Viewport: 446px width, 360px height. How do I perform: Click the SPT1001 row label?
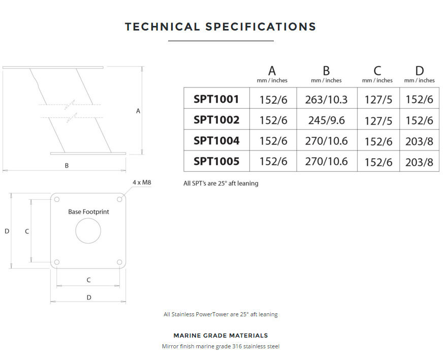click(216, 99)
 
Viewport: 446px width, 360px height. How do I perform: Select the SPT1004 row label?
click(216, 141)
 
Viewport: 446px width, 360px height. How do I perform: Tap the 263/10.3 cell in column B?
click(327, 99)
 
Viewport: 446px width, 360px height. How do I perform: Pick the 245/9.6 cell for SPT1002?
click(327, 120)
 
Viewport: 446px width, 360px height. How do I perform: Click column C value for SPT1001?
click(378, 100)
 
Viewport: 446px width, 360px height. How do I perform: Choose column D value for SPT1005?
click(419, 162)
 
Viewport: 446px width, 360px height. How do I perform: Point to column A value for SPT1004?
click(273, 141)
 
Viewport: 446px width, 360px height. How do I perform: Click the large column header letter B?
click(326, 71)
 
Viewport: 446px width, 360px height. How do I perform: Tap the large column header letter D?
click(420, 71)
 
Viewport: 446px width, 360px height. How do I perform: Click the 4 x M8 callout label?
click(142, 182)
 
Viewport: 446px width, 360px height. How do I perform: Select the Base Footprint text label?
click(88, 212)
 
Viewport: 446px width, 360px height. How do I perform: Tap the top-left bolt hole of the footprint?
click(57, 199)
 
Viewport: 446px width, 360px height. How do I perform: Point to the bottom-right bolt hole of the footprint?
click(119, 262)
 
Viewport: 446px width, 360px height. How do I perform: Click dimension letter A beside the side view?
click(138, 111)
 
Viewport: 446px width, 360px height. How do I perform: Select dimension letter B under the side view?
click(67, 165)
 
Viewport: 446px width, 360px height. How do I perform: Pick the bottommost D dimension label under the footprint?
click(89, 297)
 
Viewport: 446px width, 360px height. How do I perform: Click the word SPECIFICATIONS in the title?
click(261, 26)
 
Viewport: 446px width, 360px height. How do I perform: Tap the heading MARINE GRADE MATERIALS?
click(221, 336)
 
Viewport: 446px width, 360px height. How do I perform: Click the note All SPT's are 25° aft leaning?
click(221, 183)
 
